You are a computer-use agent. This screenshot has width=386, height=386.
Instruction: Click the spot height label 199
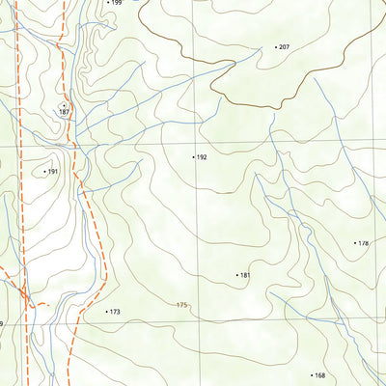[117, 3]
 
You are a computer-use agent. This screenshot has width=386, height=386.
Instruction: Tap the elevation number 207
[285, 46]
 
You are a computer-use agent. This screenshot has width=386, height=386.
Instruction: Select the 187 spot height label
[64, 113]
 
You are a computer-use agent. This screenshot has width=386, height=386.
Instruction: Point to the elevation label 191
[53, 172]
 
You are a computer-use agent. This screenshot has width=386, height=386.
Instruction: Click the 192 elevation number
[202, 156]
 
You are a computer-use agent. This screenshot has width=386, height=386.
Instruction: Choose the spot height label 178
[364, 243]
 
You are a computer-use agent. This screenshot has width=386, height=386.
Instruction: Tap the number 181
[245, 275]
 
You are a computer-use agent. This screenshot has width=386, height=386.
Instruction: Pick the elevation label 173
[115, 312]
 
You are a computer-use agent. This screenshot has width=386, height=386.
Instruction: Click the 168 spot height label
[319, 375]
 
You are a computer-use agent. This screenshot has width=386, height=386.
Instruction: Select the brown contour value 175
[181, 305]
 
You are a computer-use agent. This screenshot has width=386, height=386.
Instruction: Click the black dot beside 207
[276, 46]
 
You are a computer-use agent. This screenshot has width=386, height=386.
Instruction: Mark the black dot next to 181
[236, 275]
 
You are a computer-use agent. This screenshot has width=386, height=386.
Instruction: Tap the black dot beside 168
[311, 375]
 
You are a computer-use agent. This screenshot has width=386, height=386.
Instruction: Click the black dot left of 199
[107, 3]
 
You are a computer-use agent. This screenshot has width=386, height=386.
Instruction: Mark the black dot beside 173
[106, 312]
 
